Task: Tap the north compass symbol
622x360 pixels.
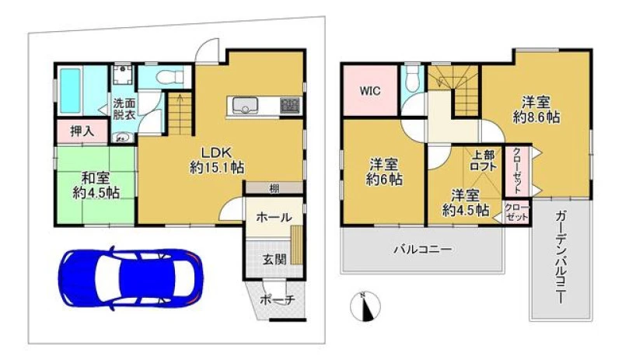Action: tap(365, 306)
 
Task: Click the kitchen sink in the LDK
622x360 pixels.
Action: tap(245, 106)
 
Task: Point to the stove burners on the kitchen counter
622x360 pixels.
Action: tap(290, 106)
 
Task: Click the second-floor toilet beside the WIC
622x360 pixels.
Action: tap(413, 75)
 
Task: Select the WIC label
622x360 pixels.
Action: tap(370, 91)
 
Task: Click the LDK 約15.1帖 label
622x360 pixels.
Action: tap(217, 160)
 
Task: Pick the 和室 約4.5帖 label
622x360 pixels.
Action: tap(96, 185)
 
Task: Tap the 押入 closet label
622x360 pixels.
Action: tap(82, 131)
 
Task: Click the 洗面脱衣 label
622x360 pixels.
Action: tap(124, 109)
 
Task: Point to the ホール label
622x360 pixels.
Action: tap(274, 217)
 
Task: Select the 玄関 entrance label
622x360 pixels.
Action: tap(274, 260)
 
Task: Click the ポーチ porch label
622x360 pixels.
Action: tap(278, 300)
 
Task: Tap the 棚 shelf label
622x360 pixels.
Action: tap(274, 189)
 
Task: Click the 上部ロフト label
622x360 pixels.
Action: tap(483, 160)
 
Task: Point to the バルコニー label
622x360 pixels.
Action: tap(423, 250)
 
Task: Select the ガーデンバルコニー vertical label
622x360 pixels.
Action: tap(561, 257)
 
